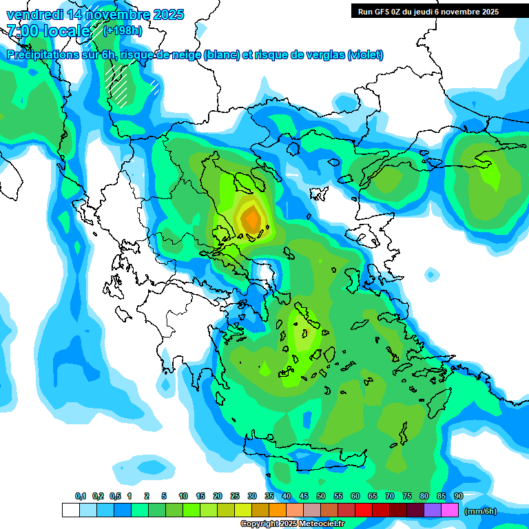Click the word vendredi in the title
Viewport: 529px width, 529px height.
click(x=32, y=14)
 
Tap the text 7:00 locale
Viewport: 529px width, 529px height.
click(x=49, y=30)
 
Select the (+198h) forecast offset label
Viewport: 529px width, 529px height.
click(x=122, y=30)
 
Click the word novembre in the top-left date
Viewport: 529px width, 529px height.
click(x=114, y=14)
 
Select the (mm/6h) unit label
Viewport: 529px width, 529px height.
click(x=480, y=511)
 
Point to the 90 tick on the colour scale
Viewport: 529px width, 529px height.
click(x=459, y=497)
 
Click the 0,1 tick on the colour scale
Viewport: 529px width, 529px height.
click(x=80, y=497)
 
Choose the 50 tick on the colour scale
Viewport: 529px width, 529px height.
click(x=321, y=497)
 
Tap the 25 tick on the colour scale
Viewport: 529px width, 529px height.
click(x=235, y=497)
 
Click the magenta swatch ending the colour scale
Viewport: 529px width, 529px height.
click(x=450, y=510)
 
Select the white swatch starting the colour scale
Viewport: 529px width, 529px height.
click(x=71, y=510)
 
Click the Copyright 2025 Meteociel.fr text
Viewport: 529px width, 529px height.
click(x=291, y=524)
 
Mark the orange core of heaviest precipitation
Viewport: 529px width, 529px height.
click(x=251, y=219)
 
